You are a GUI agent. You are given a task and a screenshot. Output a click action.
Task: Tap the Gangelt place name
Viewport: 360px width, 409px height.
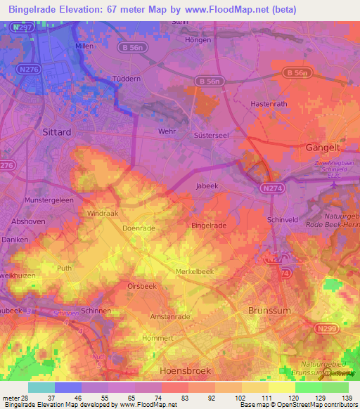(x=323, y=148)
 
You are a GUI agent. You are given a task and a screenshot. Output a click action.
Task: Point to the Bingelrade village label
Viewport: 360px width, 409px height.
(x=209, y=226)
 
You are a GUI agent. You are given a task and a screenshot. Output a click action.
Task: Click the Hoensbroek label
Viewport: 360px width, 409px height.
(x=186, y=370)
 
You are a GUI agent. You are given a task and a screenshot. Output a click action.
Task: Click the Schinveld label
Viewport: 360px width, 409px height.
(x=283, y=220)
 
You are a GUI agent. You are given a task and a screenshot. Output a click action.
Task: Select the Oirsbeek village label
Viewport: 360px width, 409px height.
(x=141, y=286)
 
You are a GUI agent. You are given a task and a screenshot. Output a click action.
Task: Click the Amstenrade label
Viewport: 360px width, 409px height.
(x=169, y=317)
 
